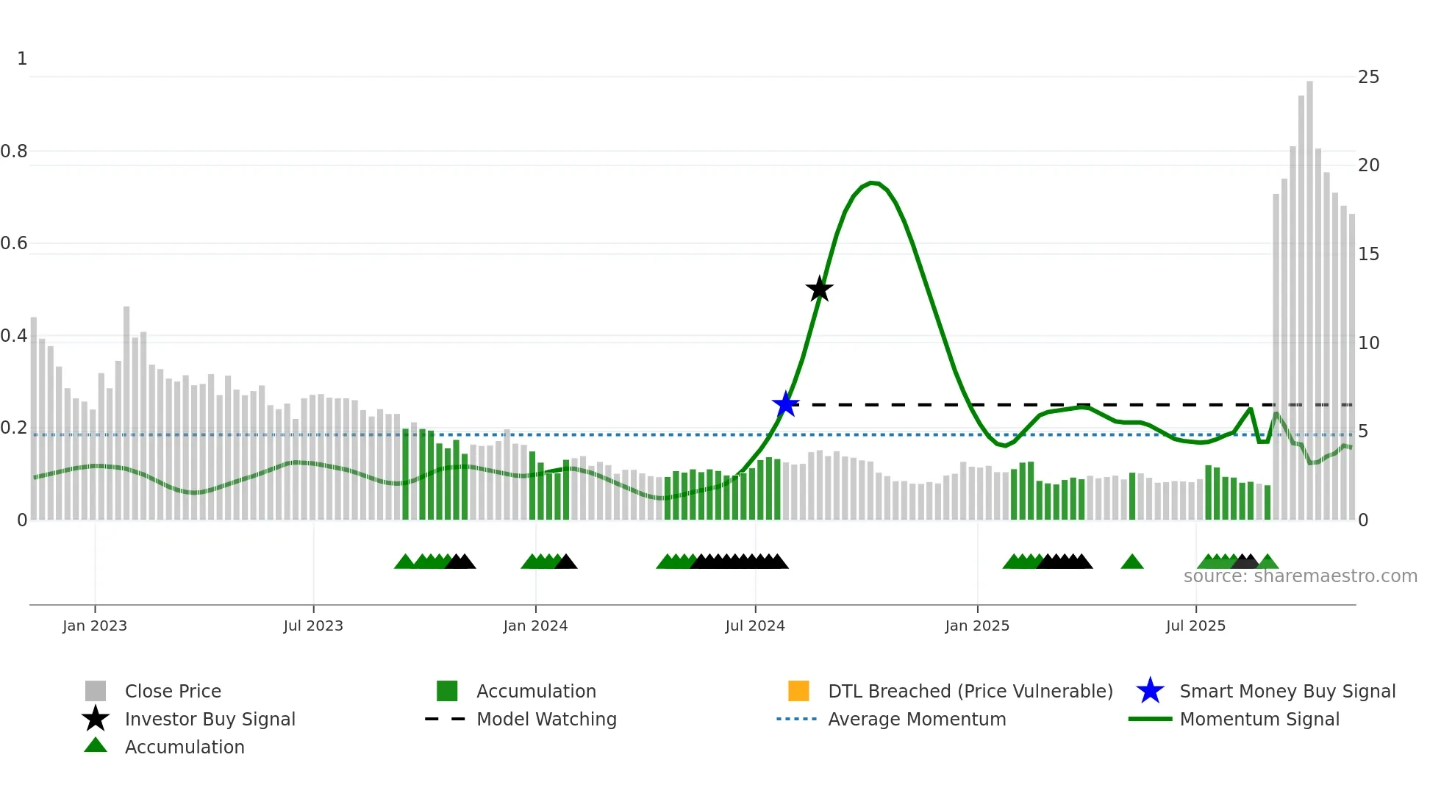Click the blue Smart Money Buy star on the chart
[785, 404]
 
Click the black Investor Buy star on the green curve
[819, 289]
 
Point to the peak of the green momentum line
[872, 182]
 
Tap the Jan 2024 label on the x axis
[535, 626]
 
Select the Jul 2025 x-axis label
[1195, 626]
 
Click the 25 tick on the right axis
[1368, 77]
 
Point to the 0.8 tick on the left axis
[15, 151]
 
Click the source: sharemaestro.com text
[1300, 576]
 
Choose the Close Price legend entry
[173, 691]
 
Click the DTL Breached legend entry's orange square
[798, 691]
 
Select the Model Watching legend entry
[546, 719]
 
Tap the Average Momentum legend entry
[916, 719]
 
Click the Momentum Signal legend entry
[1259, 719]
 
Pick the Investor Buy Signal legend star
[96, 719]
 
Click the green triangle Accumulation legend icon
[96, 745]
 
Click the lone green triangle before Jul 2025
[1131, 562]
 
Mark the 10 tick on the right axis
[1368, 343]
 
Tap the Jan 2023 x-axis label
[95, 626]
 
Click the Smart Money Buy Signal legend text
[1287, 691]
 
